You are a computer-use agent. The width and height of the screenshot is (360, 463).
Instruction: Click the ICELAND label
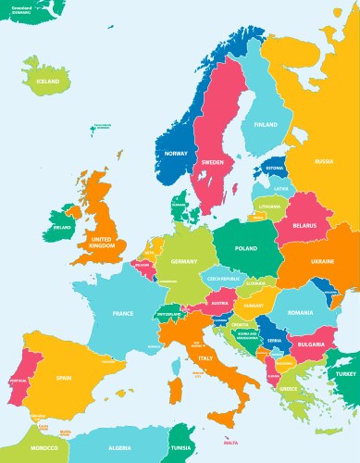coord(48,81)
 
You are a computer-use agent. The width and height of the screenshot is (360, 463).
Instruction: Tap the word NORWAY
coord(176,153)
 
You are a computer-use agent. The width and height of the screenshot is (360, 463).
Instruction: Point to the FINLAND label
coord(266,124)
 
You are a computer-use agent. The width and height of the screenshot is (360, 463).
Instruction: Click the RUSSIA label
coord(324,161)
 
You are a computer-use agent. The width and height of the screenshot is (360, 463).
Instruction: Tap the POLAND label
coord(246,249)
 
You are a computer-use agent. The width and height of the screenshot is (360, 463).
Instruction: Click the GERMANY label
coord(185,262)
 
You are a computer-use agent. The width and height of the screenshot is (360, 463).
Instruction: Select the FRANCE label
coord(123,314)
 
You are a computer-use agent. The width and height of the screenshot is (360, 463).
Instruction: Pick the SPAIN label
coord(64,378)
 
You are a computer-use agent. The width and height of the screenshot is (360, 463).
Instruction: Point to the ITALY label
coord(207,357)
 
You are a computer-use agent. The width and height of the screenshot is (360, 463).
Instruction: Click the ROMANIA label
coord(301,316)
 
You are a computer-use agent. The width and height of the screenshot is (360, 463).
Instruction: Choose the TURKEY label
coord(346,372)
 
